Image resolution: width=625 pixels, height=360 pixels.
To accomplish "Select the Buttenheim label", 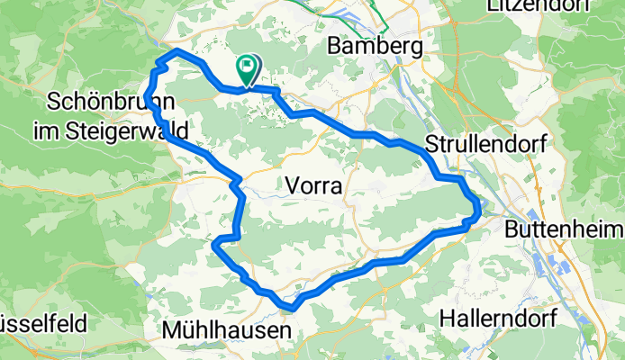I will coord(564,229).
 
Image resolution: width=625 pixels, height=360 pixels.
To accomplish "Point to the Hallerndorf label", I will coord(498,317).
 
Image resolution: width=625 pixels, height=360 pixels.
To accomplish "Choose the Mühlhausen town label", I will coord(227,331).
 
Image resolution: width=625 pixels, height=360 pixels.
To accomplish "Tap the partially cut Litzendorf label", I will coord(539,6).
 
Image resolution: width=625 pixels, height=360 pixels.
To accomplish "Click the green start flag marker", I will coord(247,67).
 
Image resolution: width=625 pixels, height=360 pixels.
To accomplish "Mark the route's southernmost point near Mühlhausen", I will coord(292,309).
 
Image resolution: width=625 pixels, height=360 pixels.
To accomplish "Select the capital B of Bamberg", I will coord(336,45).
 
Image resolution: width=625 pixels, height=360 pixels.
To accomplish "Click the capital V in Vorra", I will coord(290,186).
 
